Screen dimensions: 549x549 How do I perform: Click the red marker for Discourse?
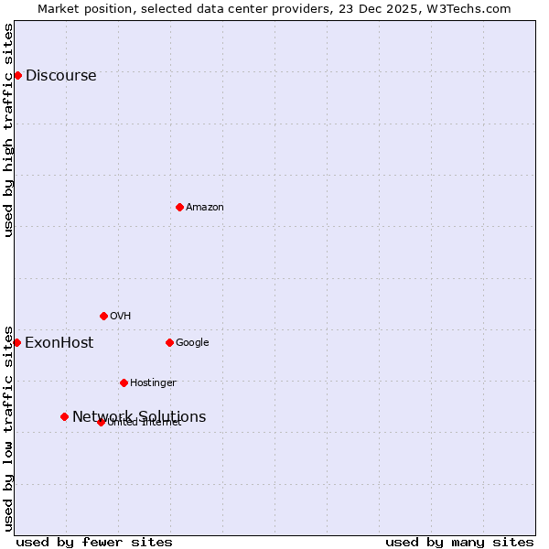(x=17, y=75)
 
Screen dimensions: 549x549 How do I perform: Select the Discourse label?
(x=60, y=76)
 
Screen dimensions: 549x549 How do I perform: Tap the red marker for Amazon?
(x=179, y=207)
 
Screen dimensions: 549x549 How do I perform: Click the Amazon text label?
(x=204, y=208)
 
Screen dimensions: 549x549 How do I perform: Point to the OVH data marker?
(x=103, y=316)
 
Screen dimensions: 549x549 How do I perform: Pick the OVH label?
(x=120, y=317)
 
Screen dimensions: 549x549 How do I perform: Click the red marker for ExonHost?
(x=16, y=342)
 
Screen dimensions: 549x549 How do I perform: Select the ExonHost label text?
(x=59, y=343)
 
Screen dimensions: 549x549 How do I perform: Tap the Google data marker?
(x=169, y=342)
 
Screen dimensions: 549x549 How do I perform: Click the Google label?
(x=192, y=343)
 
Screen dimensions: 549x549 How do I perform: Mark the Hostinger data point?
(x=124, y=382)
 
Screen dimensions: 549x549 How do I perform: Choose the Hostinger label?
(x=153, y=383)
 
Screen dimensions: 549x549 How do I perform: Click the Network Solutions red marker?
(x=64, y=416)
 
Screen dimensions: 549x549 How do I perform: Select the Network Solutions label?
(x=139, y=417)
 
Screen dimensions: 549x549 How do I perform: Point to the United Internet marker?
(x=101, y=422)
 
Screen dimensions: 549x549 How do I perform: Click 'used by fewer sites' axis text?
(x=94, y=542)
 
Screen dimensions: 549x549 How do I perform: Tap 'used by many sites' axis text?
(x=459, y=542)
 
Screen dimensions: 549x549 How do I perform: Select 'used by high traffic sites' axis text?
(x=9, y=130)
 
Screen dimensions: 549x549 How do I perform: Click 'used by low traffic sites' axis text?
(x=9, y=427)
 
